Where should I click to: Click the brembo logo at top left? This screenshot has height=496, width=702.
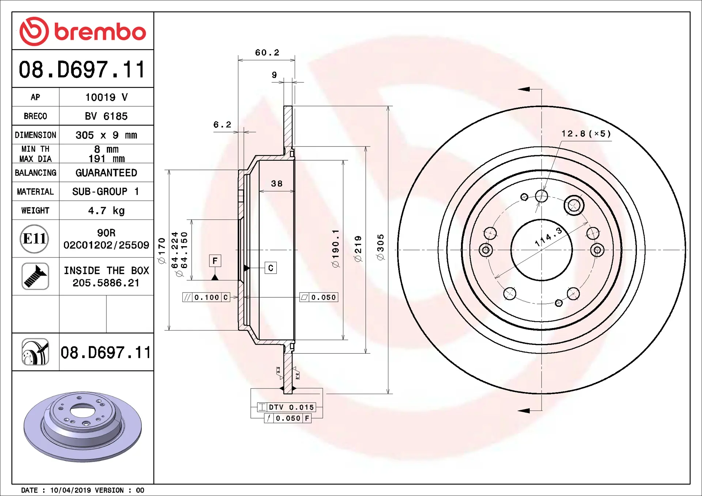click(x=83, y=31)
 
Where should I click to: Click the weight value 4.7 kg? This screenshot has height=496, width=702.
click(x=106, y=211)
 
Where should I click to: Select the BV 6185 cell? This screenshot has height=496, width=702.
click(x=106, y=116)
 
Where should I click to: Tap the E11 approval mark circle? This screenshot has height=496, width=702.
click(x=34, y=239)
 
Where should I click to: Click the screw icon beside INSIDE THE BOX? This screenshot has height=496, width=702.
click(x=35, y=276)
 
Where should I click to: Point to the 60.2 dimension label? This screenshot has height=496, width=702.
click(x=267, y=53)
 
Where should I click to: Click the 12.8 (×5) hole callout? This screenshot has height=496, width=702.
click(x=586, y=134)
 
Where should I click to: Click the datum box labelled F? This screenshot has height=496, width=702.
click(x=215, y=261)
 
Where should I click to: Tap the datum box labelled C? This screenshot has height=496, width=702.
click(x=271, y=268)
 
